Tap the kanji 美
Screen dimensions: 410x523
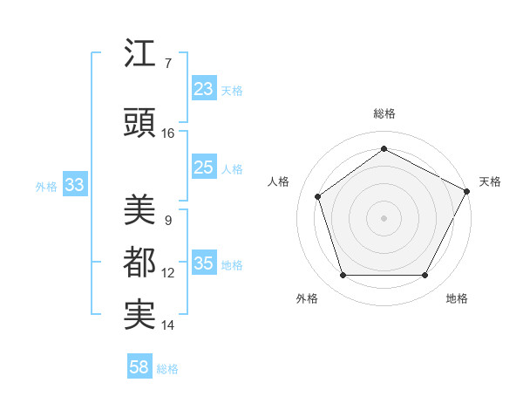tap(141, 209)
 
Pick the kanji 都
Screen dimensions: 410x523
tap(141, 262)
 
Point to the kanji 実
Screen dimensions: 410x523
tap(141, 314)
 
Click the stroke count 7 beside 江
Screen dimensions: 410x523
tap(167, 64)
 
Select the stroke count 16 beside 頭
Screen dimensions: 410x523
tap(168, 133)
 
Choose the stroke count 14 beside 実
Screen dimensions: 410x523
tap(168, 325)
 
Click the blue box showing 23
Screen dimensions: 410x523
tap(204, 89)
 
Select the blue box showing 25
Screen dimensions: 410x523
tap(204, 167)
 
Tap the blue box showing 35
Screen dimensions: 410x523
tap(204, 263)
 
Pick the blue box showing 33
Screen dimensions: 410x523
tap(74, 185)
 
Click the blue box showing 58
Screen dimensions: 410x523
tap(139, 367)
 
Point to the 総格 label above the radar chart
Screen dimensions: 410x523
tap(384, 114)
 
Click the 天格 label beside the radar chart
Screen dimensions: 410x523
tap(490, 181)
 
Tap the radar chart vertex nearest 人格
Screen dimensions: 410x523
tap(318, 196)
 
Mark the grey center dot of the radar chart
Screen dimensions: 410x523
tap(384, 217)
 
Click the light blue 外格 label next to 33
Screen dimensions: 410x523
tap(46, 186)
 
